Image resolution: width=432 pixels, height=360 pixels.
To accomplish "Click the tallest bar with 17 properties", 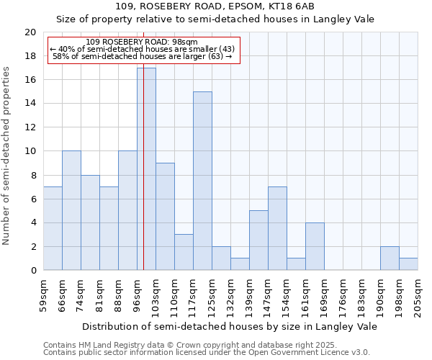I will coord(146,169).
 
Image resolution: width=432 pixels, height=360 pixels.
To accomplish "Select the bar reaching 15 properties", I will coord(202,181).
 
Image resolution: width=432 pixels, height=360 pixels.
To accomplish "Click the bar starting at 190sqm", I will coord(390,258).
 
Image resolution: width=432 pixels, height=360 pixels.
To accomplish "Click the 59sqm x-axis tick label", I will coord(43,295).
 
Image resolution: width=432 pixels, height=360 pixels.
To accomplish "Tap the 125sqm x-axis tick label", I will coord(212,297).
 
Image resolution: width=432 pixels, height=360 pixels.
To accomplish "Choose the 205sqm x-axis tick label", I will coord(418,297).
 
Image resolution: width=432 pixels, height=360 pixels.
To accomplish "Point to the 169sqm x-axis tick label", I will coord(324,297).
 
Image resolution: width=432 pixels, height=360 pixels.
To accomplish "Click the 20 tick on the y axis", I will coord(30,32).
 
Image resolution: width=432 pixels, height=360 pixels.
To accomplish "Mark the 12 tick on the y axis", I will coord(30,127).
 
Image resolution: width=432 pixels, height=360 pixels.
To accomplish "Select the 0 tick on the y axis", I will coord(33,270).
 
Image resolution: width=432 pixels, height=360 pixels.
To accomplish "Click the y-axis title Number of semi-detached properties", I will coord(7,156).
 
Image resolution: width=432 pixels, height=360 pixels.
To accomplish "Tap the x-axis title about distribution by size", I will coord(230,326).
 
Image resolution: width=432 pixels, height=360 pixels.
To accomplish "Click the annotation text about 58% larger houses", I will coord(143,56).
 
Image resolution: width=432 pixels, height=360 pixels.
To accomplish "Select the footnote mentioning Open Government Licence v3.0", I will coord(206,353).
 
